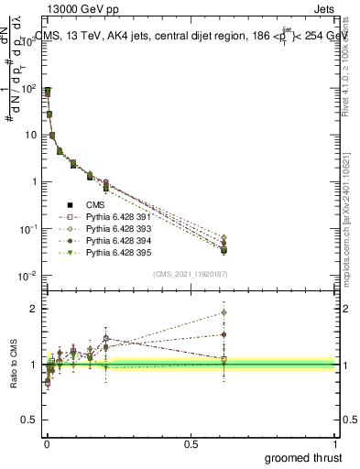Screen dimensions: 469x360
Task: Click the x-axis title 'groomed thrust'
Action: (x=303, y=457)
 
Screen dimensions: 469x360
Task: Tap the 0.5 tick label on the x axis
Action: (x=191, y=445)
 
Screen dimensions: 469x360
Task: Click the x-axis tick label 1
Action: (x=336, y=445)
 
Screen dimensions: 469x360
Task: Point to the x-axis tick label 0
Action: (x=47, y=445)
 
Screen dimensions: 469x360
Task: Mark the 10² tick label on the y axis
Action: (x=28, y=88)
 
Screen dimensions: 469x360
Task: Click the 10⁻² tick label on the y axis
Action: (x=28, y=275)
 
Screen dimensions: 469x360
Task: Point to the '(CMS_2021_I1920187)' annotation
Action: (x=191, y=274)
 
